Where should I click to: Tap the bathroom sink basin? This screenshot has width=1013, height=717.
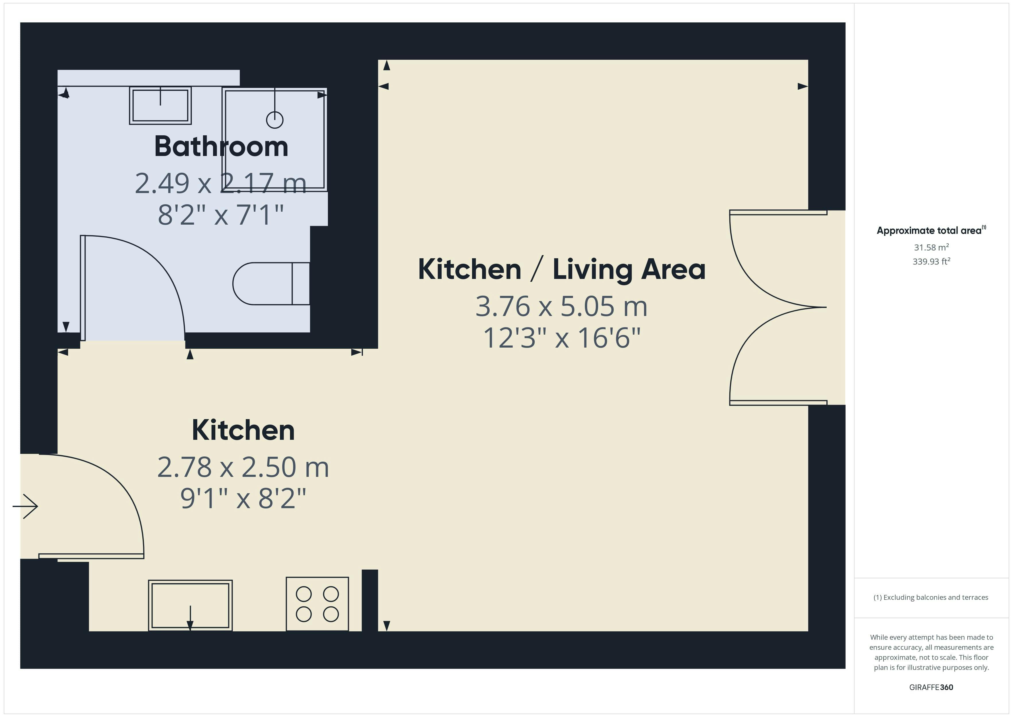160,105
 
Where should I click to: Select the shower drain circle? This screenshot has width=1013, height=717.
274,120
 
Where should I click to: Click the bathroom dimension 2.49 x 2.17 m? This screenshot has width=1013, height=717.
220,183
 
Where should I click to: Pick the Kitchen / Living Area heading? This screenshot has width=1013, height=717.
561,269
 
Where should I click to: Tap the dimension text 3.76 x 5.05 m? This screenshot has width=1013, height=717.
561,306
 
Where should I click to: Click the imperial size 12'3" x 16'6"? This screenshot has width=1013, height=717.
561,338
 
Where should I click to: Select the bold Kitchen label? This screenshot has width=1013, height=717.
243,430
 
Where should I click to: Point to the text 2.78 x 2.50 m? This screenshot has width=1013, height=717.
243,467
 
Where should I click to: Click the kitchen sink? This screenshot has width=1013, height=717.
190,605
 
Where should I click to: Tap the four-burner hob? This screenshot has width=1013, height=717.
317,604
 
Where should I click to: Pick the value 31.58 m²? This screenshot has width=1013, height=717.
931,247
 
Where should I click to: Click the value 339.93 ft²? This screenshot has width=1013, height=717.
931,261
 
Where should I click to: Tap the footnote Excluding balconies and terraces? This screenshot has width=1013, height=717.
931,597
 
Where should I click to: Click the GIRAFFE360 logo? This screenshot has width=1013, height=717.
931,687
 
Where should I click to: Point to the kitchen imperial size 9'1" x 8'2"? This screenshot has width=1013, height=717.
243,498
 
